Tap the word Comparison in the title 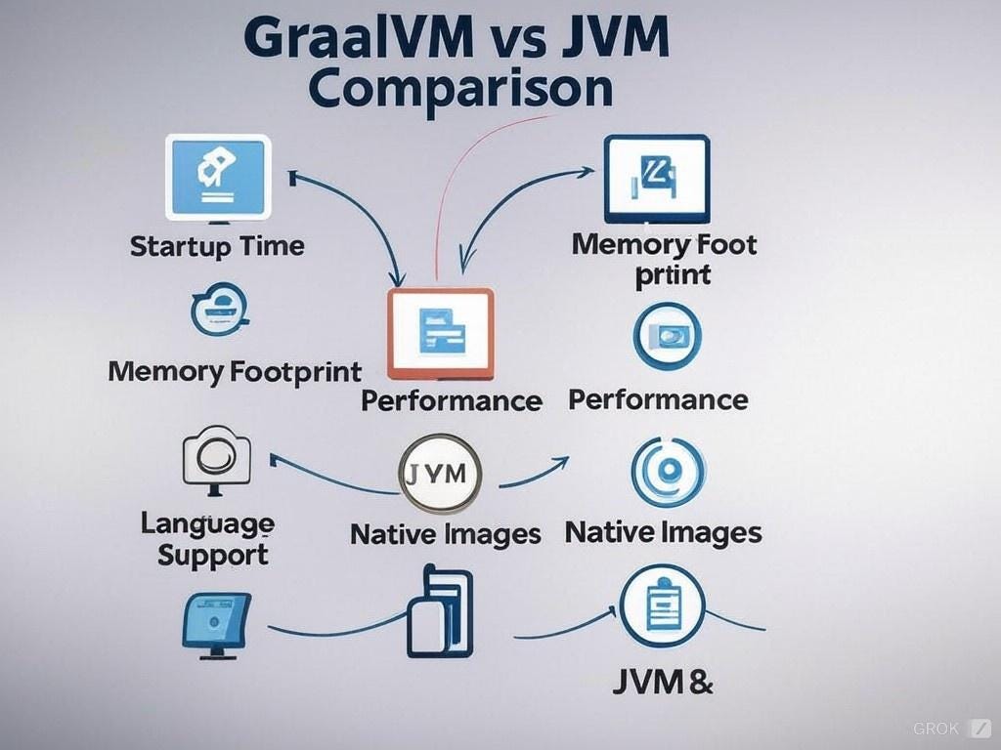pos(459,88)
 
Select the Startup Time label pos(217,245)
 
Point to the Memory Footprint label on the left pos(235,371)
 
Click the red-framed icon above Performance pos(441,333)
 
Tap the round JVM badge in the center pos(441,476)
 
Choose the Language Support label pos(207,539)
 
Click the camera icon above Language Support pos(217,459)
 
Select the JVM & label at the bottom pos(662,682)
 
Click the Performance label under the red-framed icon pos(451,400)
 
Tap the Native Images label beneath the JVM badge pos(445,534)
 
